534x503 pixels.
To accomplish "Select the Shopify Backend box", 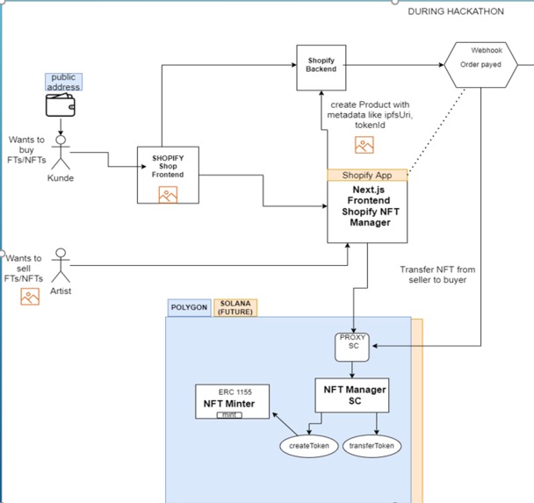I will [320, 66].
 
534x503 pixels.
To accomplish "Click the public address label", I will [64, 82].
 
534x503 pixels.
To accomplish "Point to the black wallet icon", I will [61, 107].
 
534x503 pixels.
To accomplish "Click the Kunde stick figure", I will [61, 153].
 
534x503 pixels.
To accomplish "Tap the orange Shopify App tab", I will [367, 175].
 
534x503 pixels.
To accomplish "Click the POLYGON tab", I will [189, 308].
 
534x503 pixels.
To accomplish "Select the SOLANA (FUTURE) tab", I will [237, 308].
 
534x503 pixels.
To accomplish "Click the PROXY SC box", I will [352, 345].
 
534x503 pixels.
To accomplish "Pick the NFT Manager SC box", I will [351, 395].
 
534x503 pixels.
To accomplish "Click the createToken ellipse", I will [308, 445].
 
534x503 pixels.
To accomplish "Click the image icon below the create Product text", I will [364, 145].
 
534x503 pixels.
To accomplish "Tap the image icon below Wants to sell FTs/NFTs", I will [30, 298].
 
